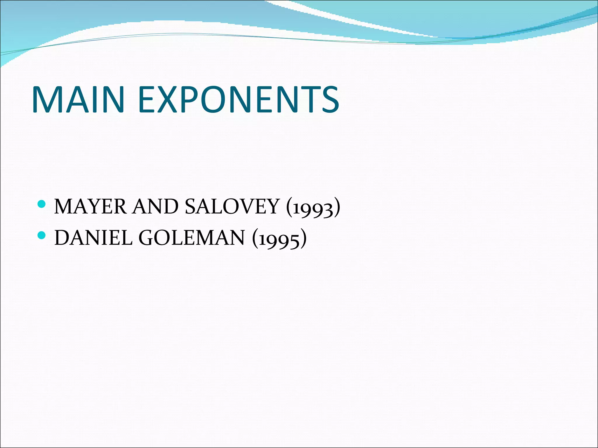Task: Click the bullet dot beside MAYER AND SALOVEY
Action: pos(42,204)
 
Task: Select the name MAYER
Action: pos(91,206)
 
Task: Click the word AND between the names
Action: pos(155,206)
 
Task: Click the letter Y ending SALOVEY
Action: pos(272,206)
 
